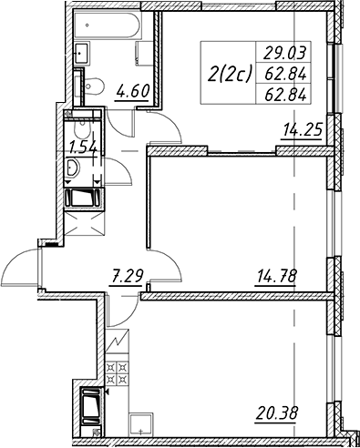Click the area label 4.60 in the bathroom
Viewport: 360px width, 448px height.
(x=133, y=92)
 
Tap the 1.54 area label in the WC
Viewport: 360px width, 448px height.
(x=83, y=148)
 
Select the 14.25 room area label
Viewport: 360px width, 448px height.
(x=302, y=130)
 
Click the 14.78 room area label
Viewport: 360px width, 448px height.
(x=276, y=276)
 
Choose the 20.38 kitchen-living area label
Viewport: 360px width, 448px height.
(x=277, y=412)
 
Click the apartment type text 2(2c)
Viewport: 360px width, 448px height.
(x=230, y=75)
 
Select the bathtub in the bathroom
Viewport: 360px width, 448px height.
(x=108, y=25)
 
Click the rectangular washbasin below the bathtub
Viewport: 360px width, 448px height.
(x=82, y=54)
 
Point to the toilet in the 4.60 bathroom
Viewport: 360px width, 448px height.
(x=94, y=86)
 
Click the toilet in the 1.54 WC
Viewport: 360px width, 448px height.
(x=82, y=129)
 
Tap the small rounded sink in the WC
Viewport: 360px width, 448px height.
(x=73, y=168)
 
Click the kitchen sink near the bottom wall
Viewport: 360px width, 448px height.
(x=141, y=424)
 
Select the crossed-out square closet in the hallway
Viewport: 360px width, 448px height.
(x=84, y=223)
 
